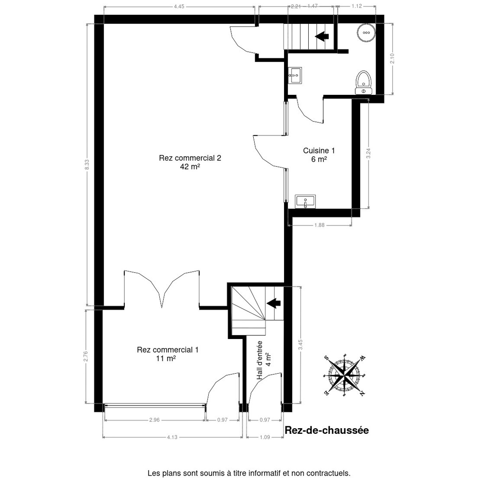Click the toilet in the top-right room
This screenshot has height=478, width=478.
(x=364, y=82)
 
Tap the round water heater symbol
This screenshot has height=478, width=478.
(x=366, y=33)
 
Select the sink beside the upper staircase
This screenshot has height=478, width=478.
(x=295, y=75)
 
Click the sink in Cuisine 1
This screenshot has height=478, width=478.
(x=306, y=202)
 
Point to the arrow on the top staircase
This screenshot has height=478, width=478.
(x=322, y=36)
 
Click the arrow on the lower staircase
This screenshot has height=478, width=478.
(x=273, y=303)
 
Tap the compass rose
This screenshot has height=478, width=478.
(x=344, y=375)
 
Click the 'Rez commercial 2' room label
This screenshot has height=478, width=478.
(x=190, y=158)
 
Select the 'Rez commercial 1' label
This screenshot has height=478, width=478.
(x=168, y=350)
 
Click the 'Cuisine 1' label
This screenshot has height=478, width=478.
(x=319, y=151)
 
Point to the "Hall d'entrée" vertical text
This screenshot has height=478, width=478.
(x=259, y=360)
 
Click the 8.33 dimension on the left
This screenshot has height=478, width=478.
(x=87, y=165)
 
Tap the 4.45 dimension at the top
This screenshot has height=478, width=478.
(x=179, y=6)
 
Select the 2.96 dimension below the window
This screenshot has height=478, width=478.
(x=154, y=420)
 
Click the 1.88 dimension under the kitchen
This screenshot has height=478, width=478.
(x=319, y=225)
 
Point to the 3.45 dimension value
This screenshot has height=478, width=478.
(x=300, y=345)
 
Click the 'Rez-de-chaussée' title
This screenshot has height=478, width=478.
(x=327, y=430)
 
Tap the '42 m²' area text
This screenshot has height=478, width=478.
(x=190, y=167)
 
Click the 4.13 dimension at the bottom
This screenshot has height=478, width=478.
(x=172, y=437)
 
